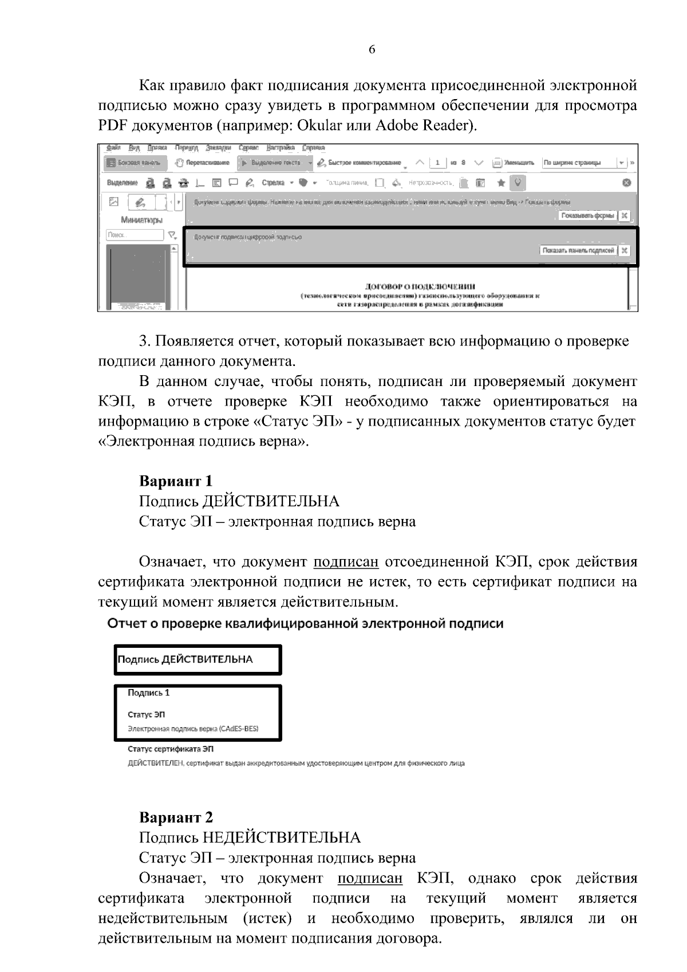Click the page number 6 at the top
tap(372, 50)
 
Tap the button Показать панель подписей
tap(579, 250)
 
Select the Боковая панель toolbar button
tap(135, 163)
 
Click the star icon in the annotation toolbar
tap(500, 183)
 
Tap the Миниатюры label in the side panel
tap(141, 219)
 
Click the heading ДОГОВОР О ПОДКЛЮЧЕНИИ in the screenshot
tap(420, 286)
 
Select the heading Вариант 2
tap(176, 817)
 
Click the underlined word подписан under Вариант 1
tap(346, 562)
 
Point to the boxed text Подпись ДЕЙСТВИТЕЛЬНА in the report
tap(185, 659)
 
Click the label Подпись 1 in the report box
tap(148, 692)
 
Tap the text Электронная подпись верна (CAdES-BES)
tap(192, 729)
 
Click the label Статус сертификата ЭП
tap(170, 749)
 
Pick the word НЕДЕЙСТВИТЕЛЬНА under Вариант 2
tap(282, 838)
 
